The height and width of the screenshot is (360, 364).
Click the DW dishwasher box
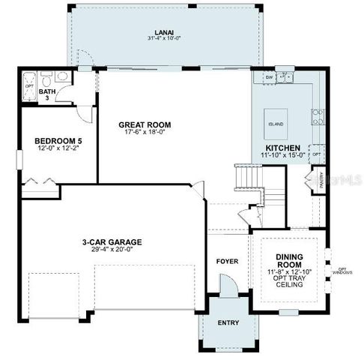click(269, 77)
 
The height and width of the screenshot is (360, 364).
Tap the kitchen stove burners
click(318, 117)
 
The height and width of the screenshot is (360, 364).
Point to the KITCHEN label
click(283, 148)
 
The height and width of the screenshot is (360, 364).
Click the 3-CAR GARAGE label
click(112, 242)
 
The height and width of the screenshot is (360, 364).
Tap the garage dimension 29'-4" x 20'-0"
click(112, 250)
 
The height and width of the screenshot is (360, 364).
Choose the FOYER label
click(227, 262)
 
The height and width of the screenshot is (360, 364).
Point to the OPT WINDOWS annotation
click(344, 271)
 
